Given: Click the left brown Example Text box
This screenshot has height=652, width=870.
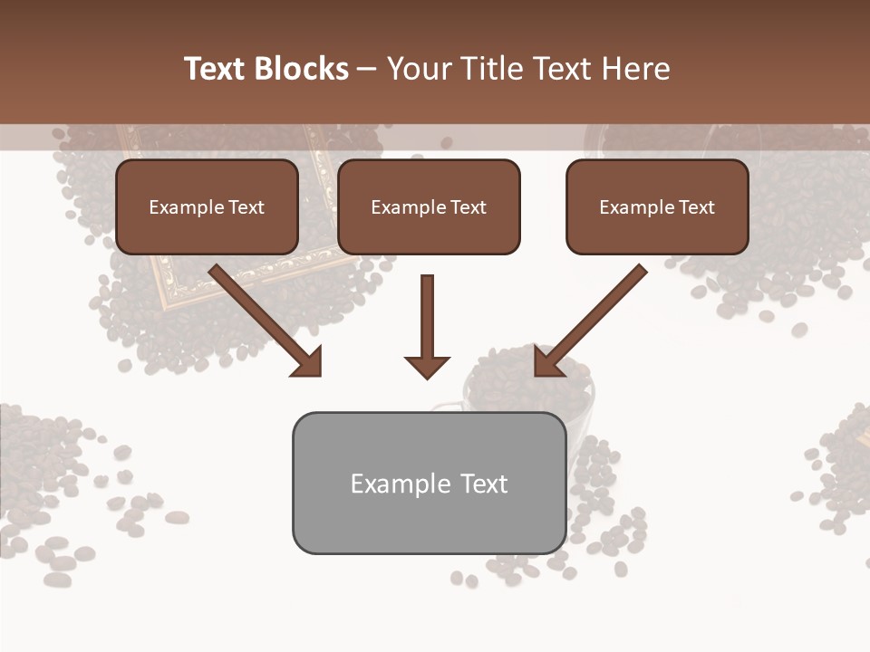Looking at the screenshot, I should pyautogui.click(x=207, y=207).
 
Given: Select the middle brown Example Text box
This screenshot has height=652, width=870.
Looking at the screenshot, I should pyautogui.click(x=429, y=207).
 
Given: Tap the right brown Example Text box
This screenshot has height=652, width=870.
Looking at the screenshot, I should pyautogui.click(x=657, y=207).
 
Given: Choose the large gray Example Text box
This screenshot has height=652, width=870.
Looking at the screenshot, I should pyautogui.click(x=429, y=483).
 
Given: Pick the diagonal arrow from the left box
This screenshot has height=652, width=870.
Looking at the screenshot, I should pyautogui.click(x=263, y=317).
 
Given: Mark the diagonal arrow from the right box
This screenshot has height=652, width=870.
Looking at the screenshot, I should pyautogui.click(x=594, y=317).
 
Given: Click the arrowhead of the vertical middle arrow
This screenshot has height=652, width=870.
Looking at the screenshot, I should pyautogui.click(x=428, y=366).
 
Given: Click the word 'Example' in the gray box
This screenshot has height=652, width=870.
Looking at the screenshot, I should pyautogui.click(x=400, y=484).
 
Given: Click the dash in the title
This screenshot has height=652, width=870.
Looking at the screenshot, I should pyautogui.click(x=367, y=69).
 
